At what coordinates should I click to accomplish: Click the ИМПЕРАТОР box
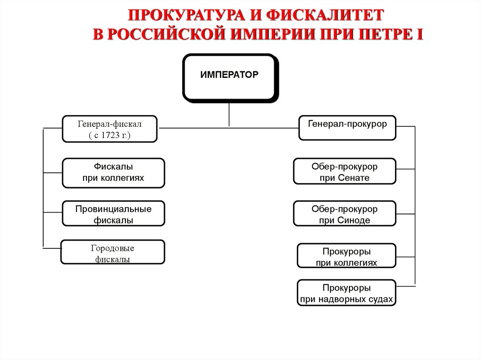point(229,78)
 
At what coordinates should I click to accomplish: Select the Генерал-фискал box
point(109,129)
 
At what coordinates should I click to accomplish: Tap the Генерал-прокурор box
point(347,127)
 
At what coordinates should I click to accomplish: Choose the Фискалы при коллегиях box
point(113,172)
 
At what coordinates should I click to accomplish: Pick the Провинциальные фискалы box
point(113,214)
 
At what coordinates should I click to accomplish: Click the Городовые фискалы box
point(113,253)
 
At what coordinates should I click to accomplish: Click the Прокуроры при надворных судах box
point(347,292)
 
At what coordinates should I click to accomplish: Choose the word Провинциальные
point(113,209)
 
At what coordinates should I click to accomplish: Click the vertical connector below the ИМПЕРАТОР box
point(229,115)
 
